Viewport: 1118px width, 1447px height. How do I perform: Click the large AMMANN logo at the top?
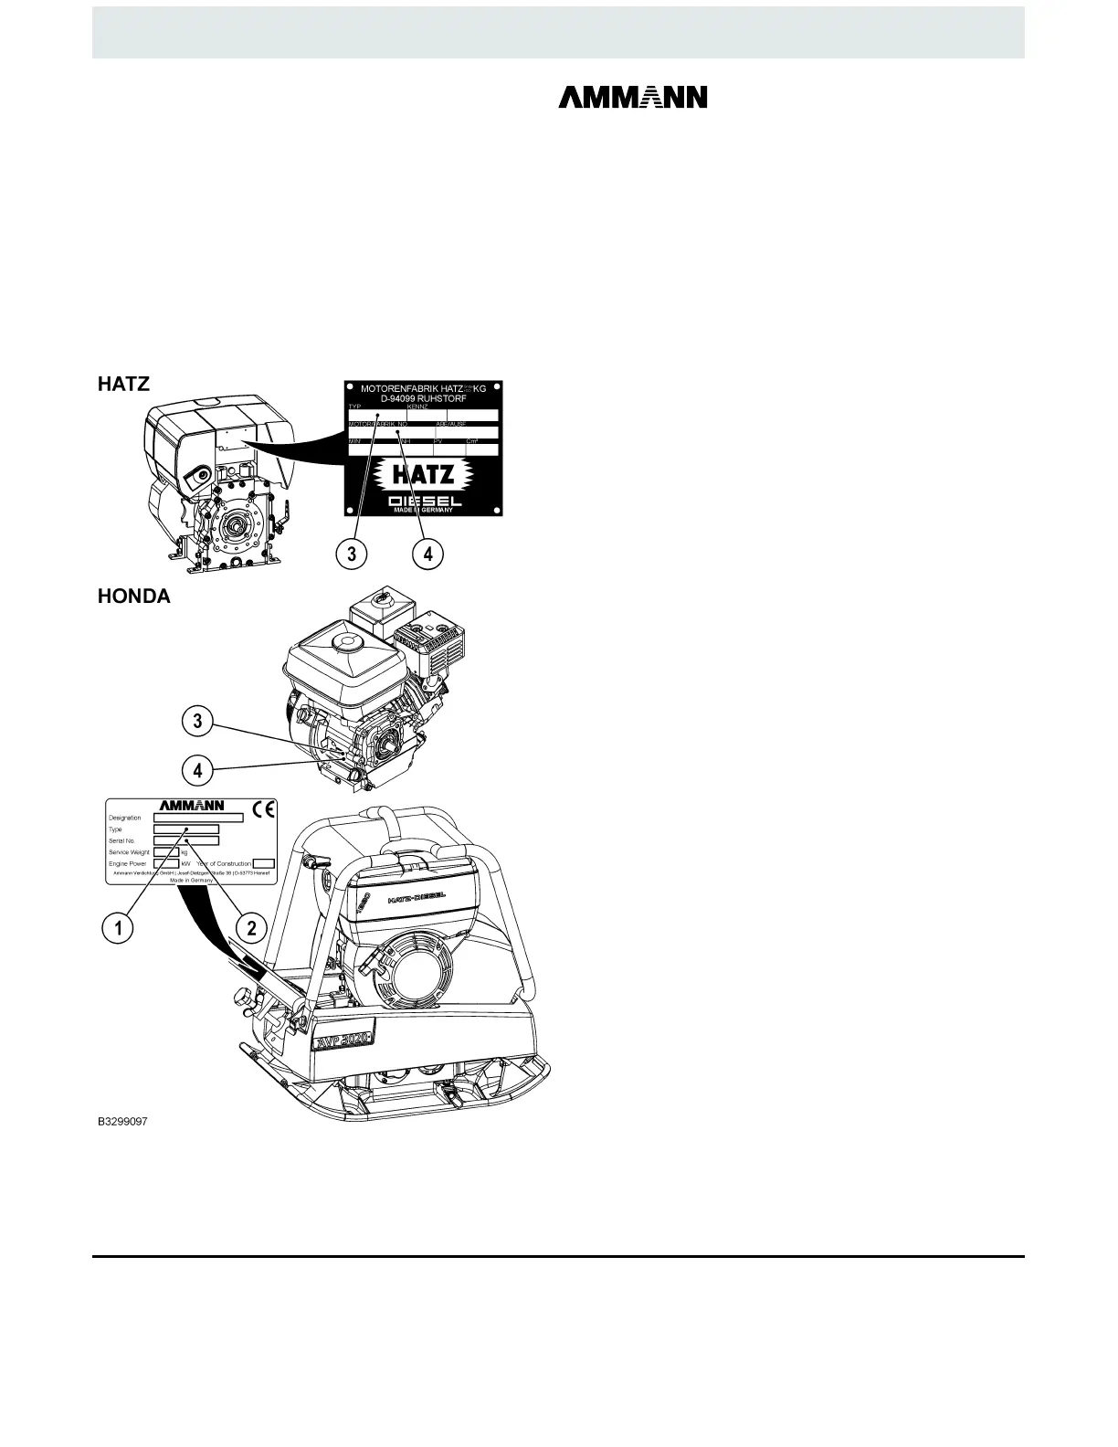tap(632, 98)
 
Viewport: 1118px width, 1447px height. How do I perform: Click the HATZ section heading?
tap(122, 386)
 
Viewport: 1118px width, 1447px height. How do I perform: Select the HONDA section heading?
tap(133, 597)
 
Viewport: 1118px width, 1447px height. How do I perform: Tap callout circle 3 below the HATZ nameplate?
tap(352, 552)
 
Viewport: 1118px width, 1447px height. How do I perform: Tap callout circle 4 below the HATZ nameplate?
tap(427, 552)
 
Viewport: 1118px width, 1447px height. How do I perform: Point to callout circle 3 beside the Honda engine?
tap(197, 723)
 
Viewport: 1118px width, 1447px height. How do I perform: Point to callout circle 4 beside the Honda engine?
tap(197, 770)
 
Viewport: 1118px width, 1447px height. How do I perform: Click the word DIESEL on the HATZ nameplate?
tap(424, 502)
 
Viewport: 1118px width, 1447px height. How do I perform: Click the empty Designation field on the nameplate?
tap(197, 818)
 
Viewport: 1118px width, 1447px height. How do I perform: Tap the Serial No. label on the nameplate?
tap(121, 840)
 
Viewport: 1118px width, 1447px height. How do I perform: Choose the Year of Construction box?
tap(263, 863)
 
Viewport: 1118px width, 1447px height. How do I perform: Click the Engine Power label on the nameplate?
tap(128, 863)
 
